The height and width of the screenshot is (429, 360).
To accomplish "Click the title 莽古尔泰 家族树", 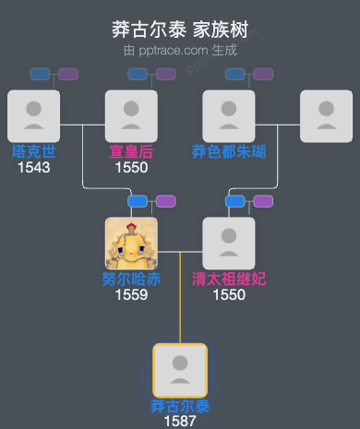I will tap(180, 30).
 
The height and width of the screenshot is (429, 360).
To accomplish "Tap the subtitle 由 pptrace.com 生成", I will tap(180, 50).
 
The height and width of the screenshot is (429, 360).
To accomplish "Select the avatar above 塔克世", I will tap(33, 116).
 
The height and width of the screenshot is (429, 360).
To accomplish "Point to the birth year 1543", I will tap(33, 168).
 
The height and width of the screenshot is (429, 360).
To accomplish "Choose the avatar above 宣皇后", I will tap(131, 116).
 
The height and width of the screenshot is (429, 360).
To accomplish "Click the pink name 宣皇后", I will tap(131, 152).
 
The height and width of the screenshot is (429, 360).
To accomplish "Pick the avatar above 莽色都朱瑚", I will tap(229, 116).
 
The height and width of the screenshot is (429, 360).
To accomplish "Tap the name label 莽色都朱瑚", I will tap(229, 152).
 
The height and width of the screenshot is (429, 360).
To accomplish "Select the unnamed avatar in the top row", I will tap(327, 116).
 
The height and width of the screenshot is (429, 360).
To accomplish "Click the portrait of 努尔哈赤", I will tap(131, 244).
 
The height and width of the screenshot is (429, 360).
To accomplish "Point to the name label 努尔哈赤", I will tap(131, 280).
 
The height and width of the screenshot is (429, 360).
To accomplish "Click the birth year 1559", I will tap(131, 295).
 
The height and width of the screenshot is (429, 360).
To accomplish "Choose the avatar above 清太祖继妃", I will tap(229, 244).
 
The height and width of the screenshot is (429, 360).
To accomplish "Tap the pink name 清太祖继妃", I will tap(229, 280).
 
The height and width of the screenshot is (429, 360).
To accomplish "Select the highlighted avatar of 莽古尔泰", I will tap(180, 370).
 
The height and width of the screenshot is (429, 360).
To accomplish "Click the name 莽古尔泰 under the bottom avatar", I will tap(180, 406).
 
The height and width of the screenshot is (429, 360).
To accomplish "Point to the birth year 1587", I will tap(180, 421).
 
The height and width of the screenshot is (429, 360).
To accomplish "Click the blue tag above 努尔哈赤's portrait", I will tap(138, 201).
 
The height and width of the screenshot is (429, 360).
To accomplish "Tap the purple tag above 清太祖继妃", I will tap(263, 201).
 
